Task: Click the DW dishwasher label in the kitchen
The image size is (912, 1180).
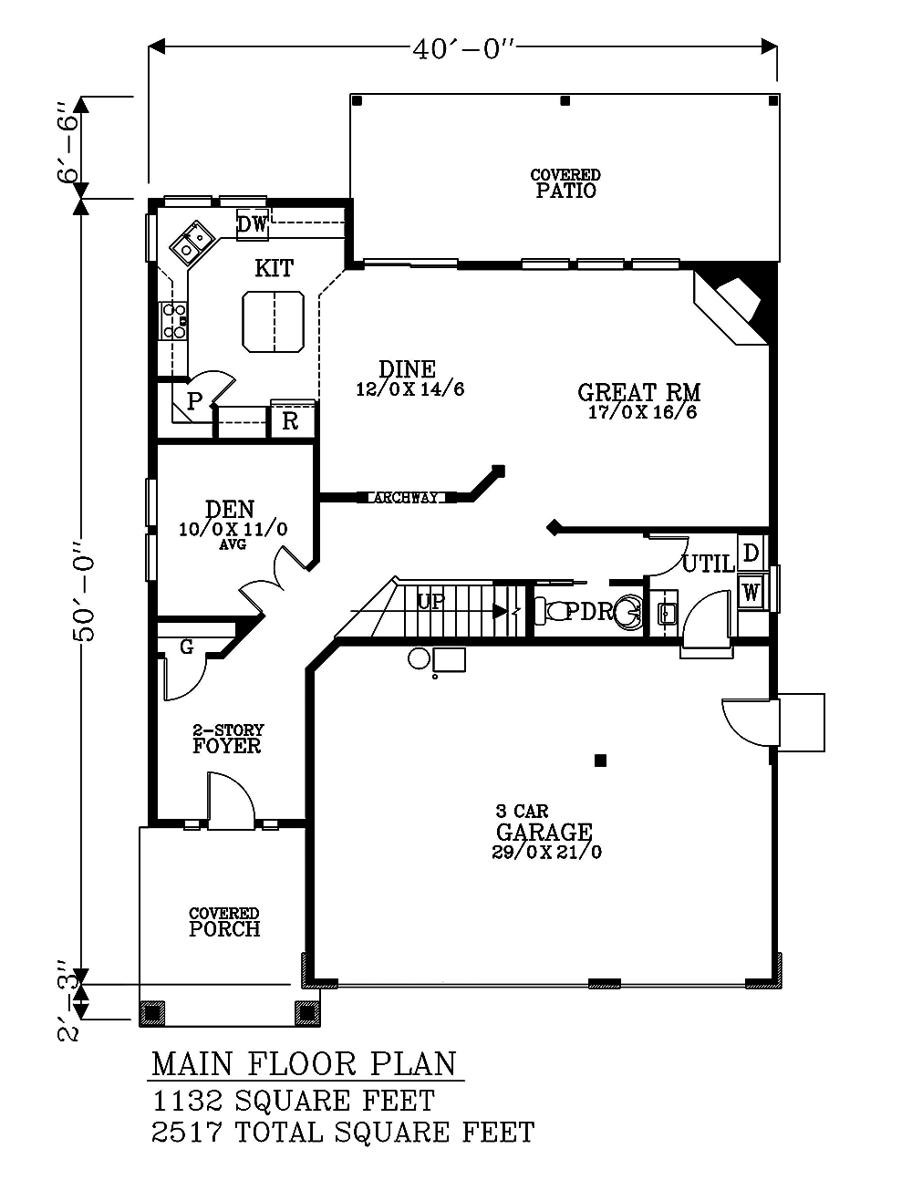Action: coord(252,223)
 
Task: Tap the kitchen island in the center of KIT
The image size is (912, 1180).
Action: coord(273,321)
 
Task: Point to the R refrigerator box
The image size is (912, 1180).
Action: coord(290,420)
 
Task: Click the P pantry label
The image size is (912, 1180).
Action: coord(194,401)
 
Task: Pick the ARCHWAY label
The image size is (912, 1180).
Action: coord(406,498)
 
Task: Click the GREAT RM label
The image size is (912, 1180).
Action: coord(638,392)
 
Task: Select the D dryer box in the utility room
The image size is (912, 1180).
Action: coord(750,553)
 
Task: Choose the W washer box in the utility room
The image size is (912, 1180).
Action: coord(751,593)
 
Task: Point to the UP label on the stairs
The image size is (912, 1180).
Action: coord(430,603)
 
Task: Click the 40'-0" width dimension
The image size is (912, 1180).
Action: coord(463,49)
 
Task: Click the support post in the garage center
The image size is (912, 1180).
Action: coord(599,760)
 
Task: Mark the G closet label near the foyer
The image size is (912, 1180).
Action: coord(186,647)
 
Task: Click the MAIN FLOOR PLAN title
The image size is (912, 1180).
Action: coord(304,1064)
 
